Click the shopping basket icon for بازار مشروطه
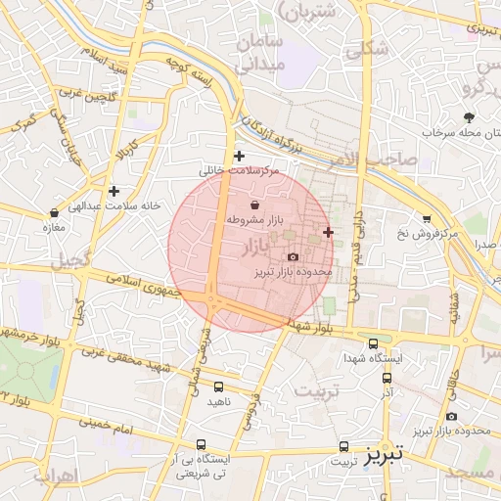(x=255, y=205)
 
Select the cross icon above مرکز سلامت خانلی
(x=239, y=156)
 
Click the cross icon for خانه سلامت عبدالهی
(x=114, y=191)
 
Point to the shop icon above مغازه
(x=55, y=212)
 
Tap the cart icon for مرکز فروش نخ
(x=426, y=218)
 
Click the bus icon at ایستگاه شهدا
(x=373, y=342)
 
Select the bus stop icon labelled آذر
(x=387, y=377)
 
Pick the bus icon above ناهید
(x=217, y=387)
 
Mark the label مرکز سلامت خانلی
(x=239, y=170)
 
